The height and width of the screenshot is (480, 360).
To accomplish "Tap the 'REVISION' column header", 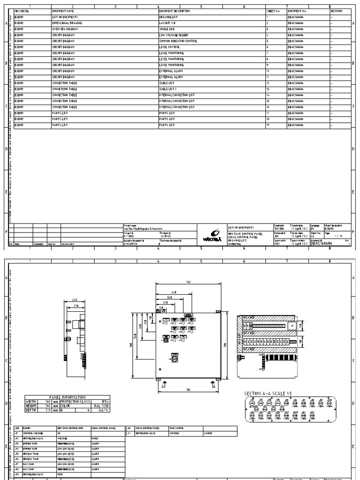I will [337, 10].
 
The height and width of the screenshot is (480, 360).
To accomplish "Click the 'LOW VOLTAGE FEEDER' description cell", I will [174, 35].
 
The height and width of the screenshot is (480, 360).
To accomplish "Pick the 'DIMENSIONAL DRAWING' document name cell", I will [67, 22].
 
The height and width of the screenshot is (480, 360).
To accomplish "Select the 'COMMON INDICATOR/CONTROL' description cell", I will [178, 41].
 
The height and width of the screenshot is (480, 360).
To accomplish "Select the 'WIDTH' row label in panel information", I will [31, 401].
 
